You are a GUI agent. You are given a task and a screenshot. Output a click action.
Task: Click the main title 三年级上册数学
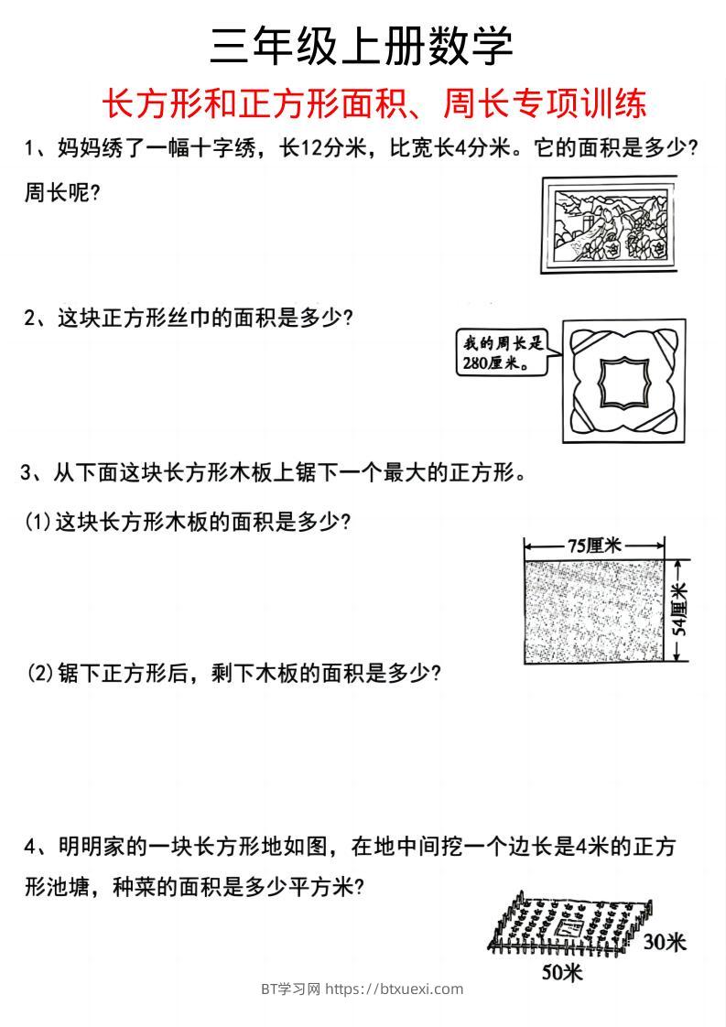[x=362, y=46]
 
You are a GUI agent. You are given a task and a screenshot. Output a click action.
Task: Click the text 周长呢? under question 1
[x=61, y=194]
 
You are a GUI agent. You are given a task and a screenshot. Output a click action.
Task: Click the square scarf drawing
[x=623, y=381]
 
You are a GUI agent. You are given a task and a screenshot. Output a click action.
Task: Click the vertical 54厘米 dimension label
[x=680, y=611]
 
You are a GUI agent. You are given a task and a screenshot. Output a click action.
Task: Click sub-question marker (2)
[x=39, y=674]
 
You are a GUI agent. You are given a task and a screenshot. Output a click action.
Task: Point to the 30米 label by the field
[x=663, y=942]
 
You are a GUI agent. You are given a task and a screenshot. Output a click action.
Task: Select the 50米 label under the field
[x=561, y=971]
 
